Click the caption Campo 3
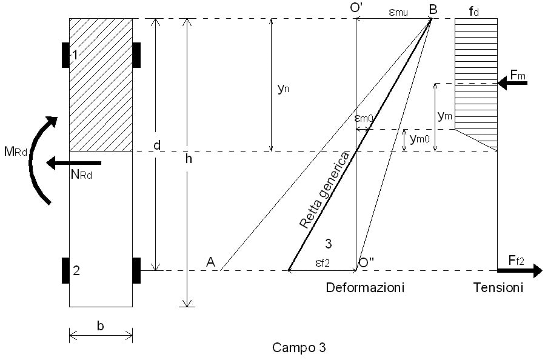click(299, 348)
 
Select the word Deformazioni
click(365, 287)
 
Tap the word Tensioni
click(498, 287)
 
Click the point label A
click(210, 262)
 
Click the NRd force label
click(80, 176)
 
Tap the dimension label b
click(101, 325)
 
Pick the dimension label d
click(157, 146)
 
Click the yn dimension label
click(282, 88)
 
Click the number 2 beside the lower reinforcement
click(76, 271)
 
